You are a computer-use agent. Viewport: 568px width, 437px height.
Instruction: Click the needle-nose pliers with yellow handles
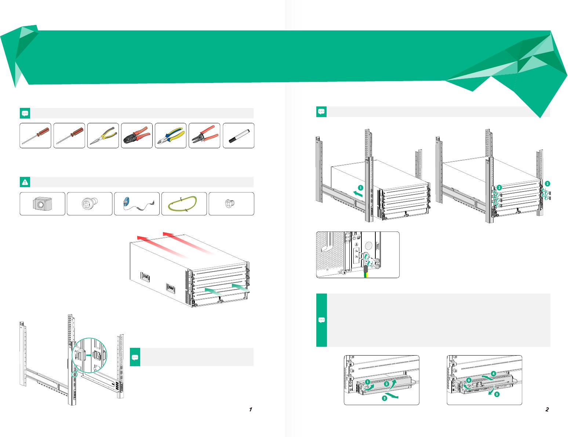tap(103, 136)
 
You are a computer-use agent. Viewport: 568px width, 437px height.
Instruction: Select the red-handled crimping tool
tap(136, 136)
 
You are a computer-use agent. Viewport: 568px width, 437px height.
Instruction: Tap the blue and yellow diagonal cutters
tap(170, 136)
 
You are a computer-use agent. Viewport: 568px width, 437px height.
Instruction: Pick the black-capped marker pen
tap(239, 136)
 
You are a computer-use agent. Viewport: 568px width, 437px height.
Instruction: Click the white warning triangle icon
tap(25, 182)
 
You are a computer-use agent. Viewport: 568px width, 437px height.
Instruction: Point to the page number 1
tap(251, 409)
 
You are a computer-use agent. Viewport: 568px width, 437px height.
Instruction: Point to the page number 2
tap(547, 409)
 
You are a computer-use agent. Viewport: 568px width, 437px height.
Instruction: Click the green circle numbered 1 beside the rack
tap(360, 187)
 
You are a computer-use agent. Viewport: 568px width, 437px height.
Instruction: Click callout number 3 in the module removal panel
tap(383, 398)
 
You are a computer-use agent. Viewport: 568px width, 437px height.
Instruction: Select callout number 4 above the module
tap(494, 373)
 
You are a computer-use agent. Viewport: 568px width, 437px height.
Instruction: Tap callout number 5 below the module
tap(496, 395)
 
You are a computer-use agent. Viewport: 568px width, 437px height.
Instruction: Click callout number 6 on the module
tap(469, 380)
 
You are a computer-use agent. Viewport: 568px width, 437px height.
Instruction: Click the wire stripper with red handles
tap(204, 136)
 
